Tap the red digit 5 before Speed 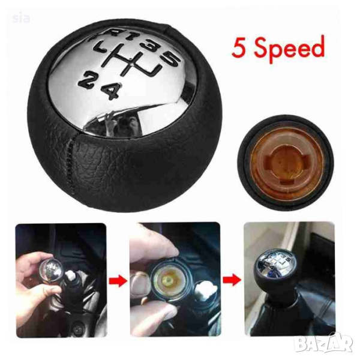(x=238, y=47)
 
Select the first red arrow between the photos (x=118, y=281)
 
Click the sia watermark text (x=21, y=19)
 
